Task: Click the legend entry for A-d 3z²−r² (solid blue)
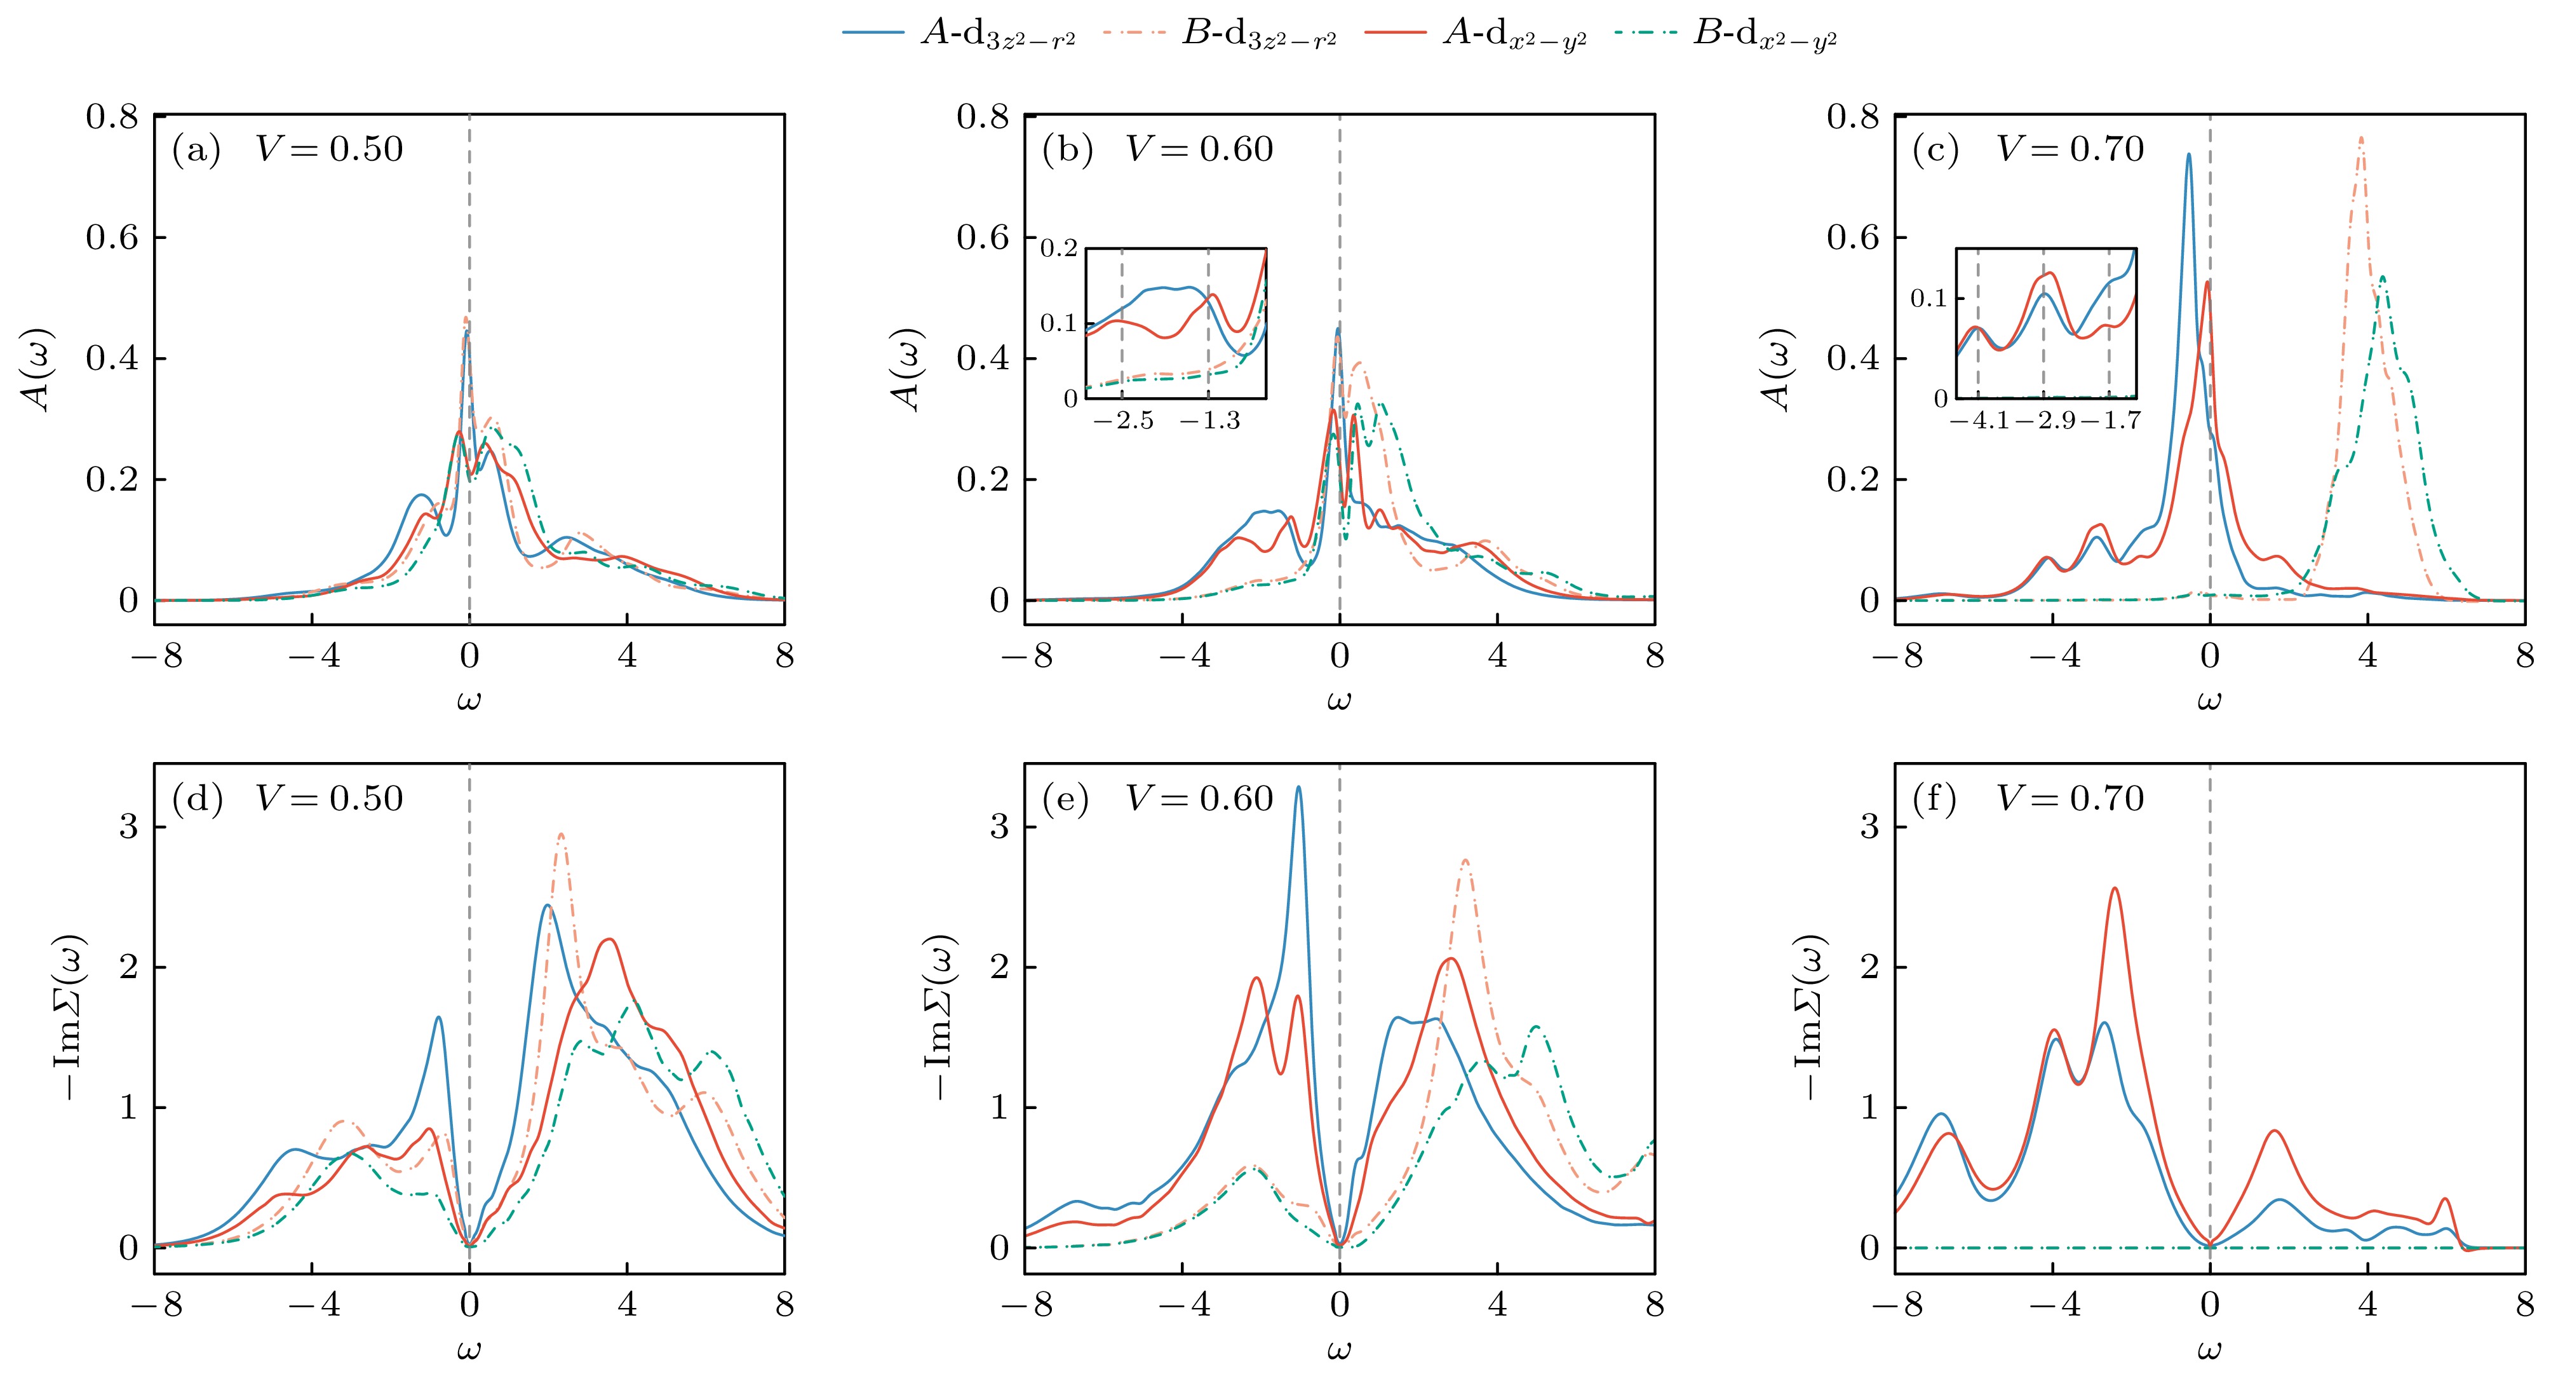tap(959, 35)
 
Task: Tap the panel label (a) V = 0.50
tap(287, 149)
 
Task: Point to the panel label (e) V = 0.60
tap(1157, 798)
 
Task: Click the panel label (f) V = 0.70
tap(2027, 798)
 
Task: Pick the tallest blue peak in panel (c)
tap(2188, 154)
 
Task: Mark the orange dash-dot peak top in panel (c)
tap(2362, 138)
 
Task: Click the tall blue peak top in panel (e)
tap(1299, 787)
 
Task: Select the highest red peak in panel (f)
tap(2115, 888)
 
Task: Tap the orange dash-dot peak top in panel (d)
tap(560, 834)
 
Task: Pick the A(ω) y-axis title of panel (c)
tap(1780, 369)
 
